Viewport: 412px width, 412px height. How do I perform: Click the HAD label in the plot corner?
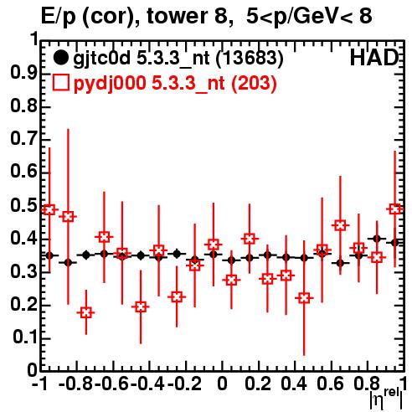373,58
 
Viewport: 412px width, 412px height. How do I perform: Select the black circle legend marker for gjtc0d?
60,58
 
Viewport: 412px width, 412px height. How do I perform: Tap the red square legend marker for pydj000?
60,83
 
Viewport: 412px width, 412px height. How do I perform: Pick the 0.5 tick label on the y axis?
23,205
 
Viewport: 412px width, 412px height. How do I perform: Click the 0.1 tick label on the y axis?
25,337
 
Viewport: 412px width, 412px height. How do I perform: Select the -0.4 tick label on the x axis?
148,384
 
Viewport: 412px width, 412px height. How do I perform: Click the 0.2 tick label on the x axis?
258,384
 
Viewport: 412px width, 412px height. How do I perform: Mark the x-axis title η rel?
387,399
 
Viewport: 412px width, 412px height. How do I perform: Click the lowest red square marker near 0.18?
86,312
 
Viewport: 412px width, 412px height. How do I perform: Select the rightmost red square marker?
394,209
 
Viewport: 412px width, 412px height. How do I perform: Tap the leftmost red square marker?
49,209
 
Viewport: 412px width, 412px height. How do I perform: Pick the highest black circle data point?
377,239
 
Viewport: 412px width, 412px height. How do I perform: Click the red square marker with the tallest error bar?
68,217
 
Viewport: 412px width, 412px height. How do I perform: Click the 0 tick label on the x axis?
222,384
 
